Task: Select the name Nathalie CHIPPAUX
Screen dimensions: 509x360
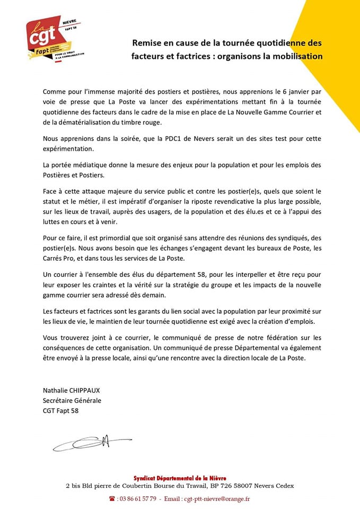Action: [72, 390]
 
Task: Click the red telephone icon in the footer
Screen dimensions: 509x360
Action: [112, 498]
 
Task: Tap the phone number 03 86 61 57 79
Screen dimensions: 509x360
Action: [137, 498]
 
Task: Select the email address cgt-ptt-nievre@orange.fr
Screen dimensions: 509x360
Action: [215, 498]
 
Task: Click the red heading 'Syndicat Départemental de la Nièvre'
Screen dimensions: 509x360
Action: [180, 478]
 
